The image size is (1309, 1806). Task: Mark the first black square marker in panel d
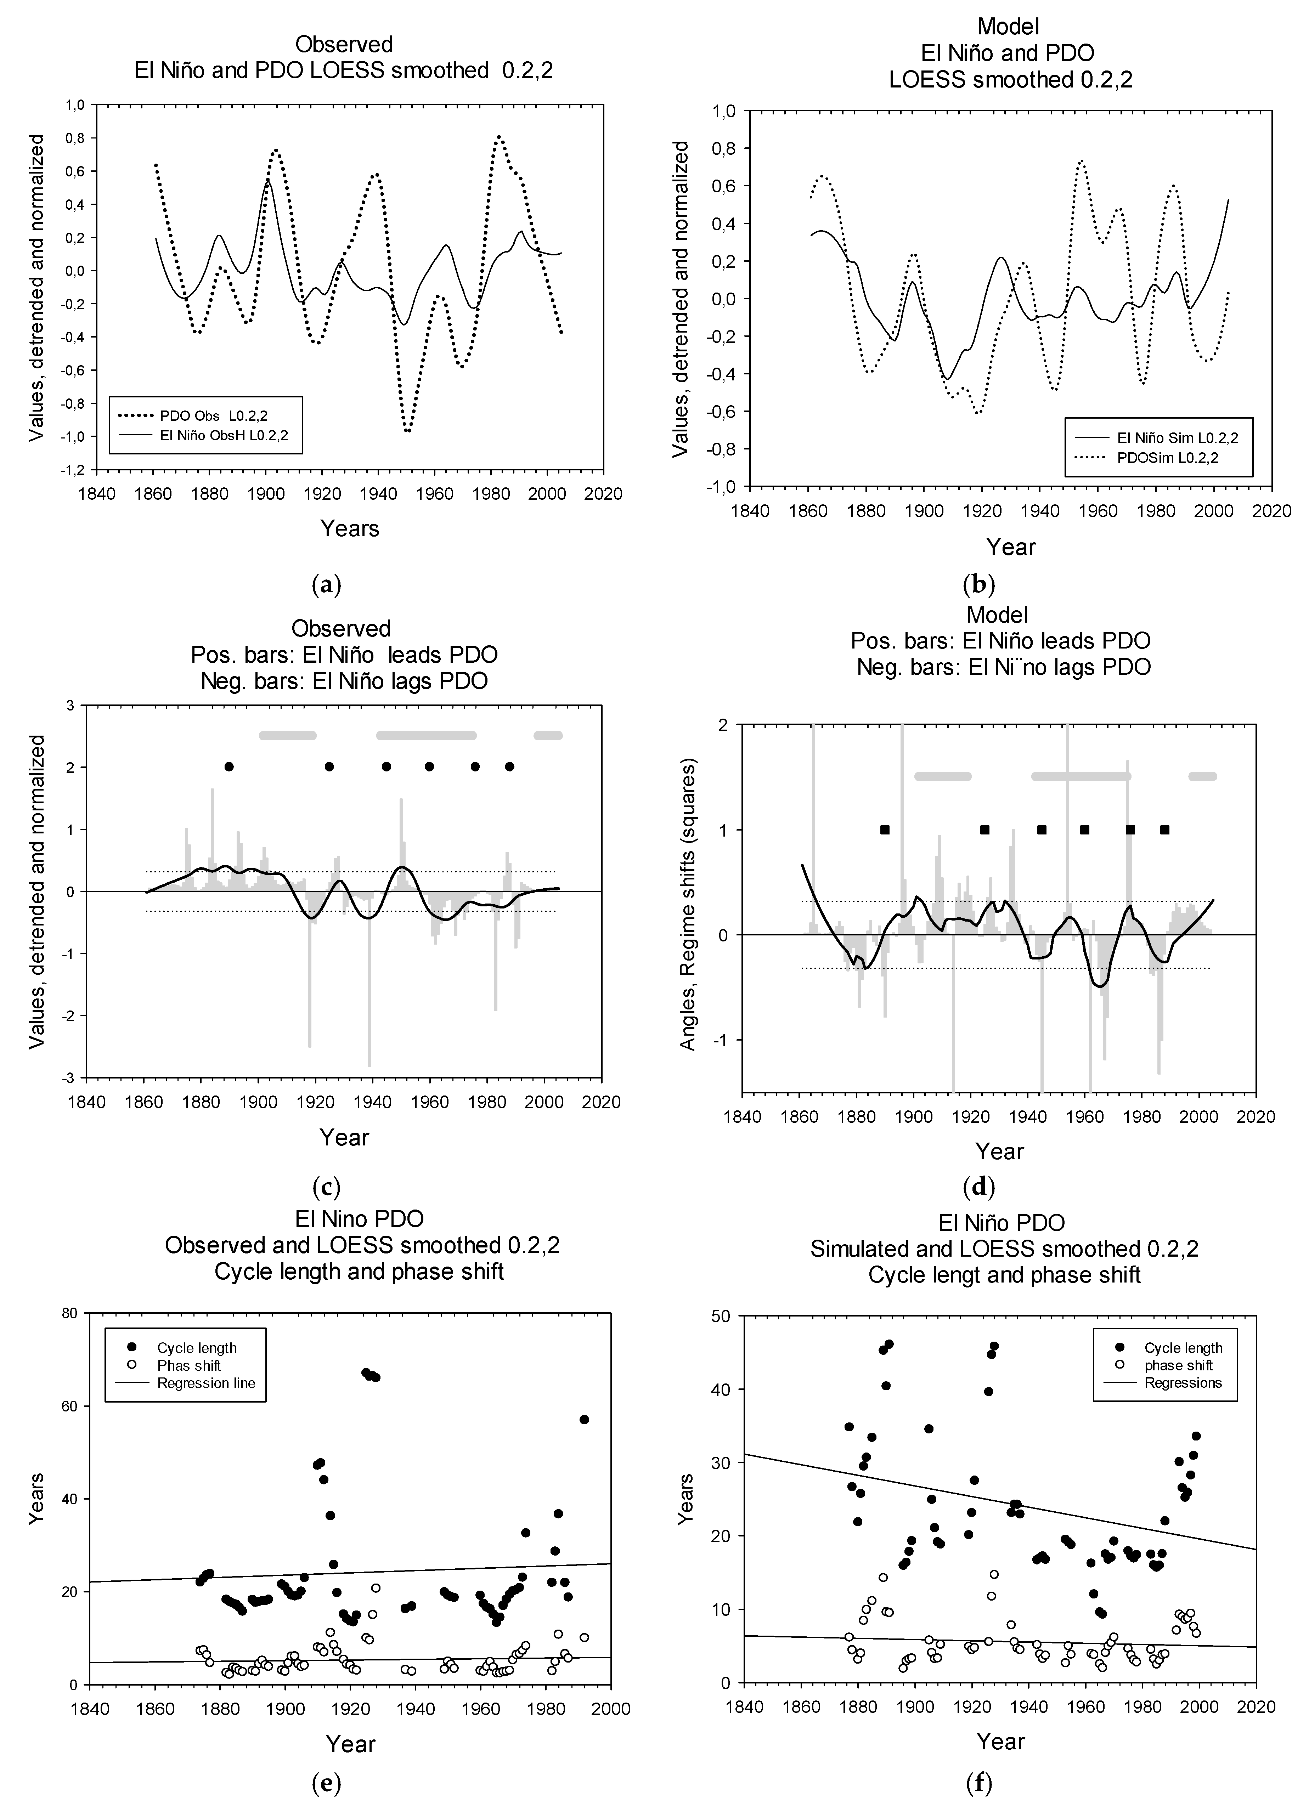tap(885, 830)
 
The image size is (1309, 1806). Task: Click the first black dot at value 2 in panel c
tap(229, 767)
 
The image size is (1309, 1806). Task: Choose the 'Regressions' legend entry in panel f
tap(1183, 1382)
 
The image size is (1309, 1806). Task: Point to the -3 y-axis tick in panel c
tap(70, 1077)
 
